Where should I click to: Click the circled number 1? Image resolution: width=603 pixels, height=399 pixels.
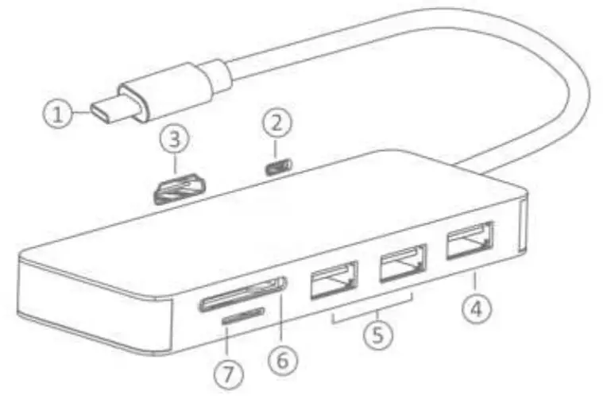click(x=56, y=114)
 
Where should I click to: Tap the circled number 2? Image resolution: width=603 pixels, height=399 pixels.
click(x=277, y=122)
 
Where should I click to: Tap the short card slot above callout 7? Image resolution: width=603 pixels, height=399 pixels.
click(x=243, y=317)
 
